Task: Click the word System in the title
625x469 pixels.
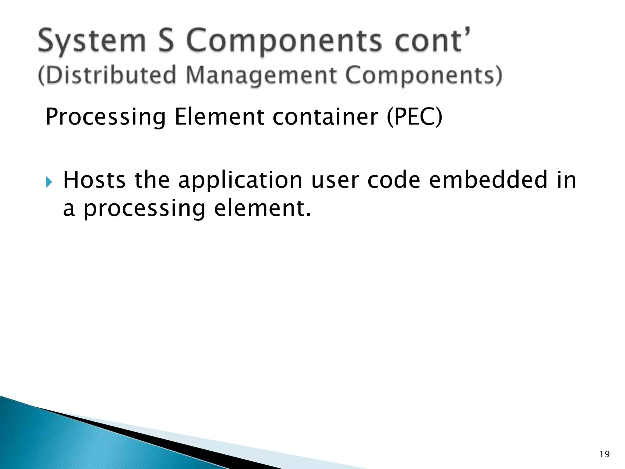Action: (92, 41)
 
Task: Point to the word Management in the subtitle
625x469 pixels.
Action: (261, 75)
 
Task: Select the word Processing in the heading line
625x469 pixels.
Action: (106, 117)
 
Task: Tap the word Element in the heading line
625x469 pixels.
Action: (219, 117)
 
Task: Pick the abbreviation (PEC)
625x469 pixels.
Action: (414, 117)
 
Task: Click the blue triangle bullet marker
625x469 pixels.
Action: (49, 182)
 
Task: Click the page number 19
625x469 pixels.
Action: (604, 454)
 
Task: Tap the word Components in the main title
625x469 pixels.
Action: (284, 41)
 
